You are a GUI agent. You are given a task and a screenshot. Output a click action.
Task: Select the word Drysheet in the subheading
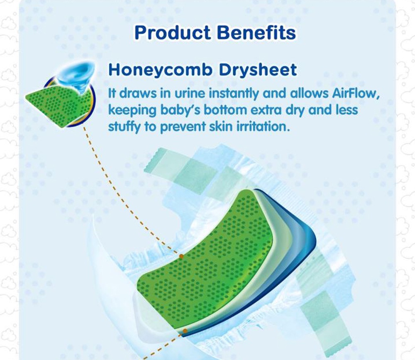pyautogui.click(x=258, y=70)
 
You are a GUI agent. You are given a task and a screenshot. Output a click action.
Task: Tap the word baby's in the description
pyautogui.click(x=180, y=110)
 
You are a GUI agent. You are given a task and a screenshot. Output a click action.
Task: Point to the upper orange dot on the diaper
pyautogui.click(x=181, y=256)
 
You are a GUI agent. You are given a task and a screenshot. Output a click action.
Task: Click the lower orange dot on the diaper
pyautogui.click(x=185, y=331)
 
